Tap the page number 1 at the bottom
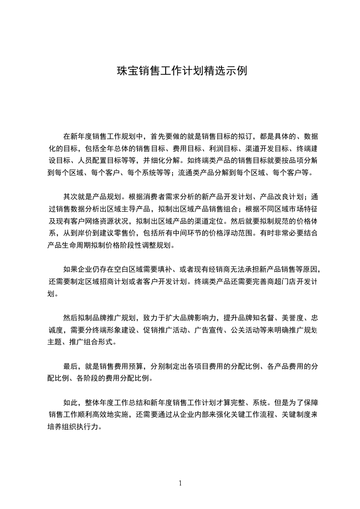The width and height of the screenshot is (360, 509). tap(180, 483)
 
